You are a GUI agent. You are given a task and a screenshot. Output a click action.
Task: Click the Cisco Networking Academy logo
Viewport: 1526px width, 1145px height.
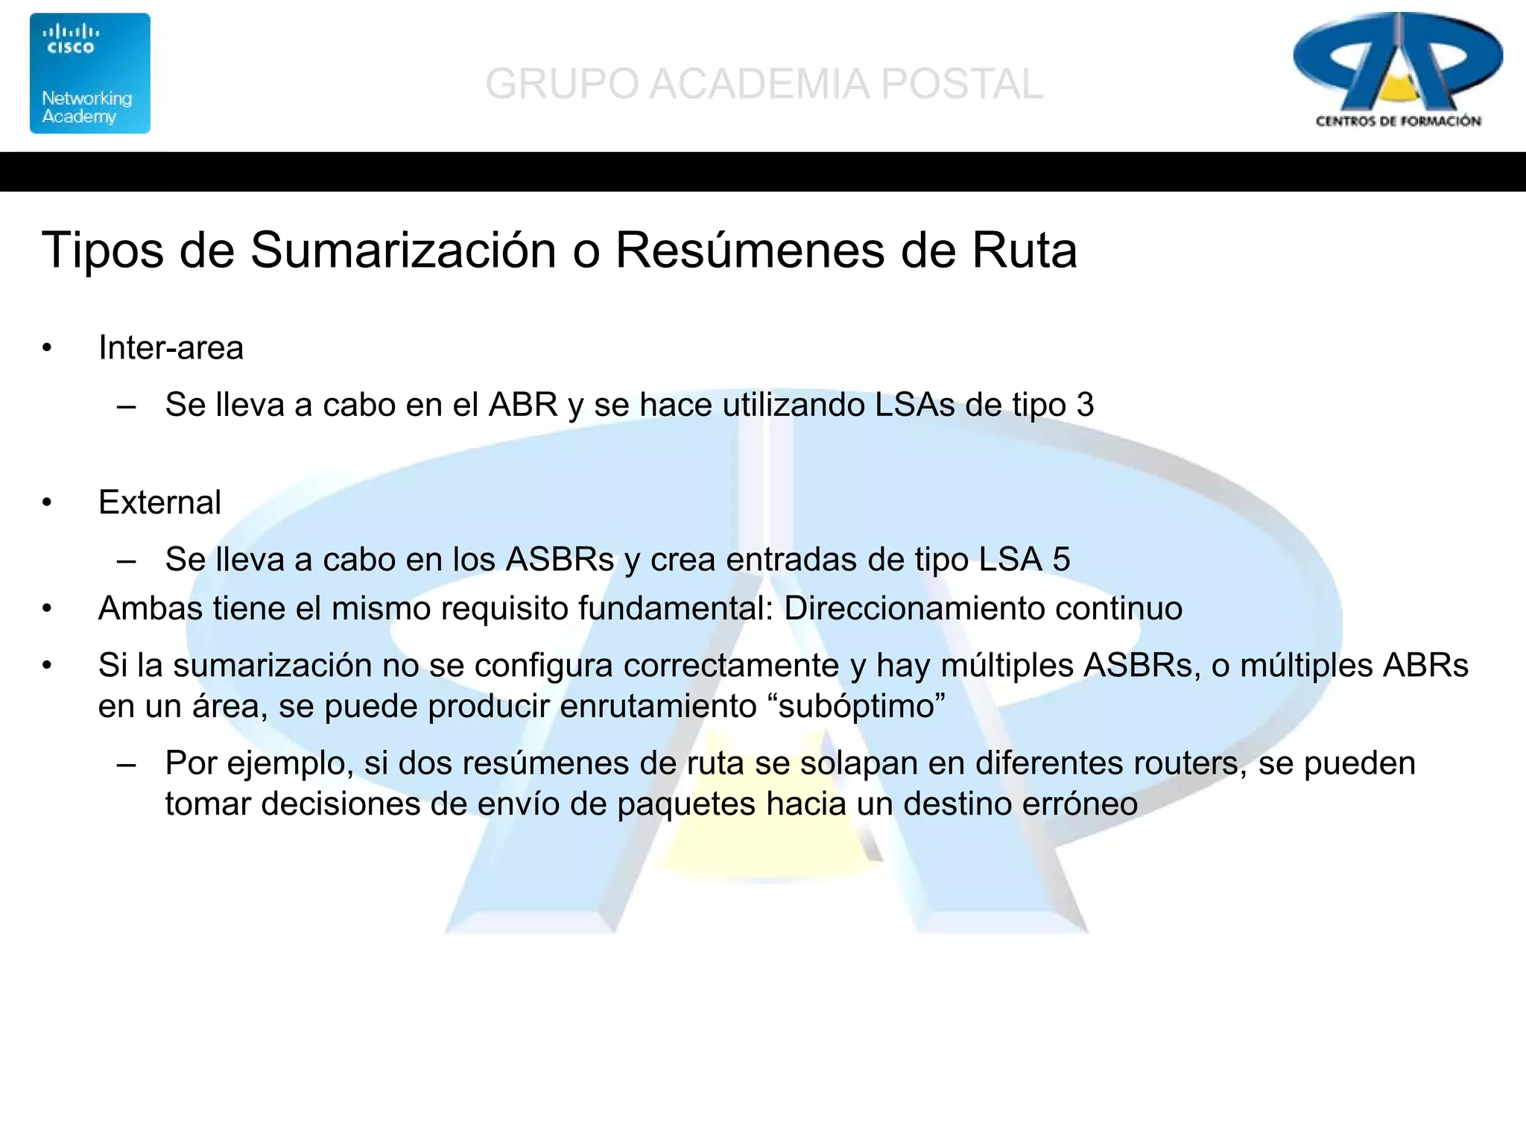[x=89, y=73]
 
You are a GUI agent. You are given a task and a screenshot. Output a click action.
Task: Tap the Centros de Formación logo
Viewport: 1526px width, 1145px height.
[x=1398, y=72]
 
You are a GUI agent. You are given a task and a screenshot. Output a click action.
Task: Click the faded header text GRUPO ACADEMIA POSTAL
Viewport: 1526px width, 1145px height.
[x=764, y=83]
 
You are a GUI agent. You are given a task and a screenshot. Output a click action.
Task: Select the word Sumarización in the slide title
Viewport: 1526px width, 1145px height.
[x=403, y=250]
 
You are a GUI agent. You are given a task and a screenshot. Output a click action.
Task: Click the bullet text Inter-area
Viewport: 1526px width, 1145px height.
[x=171, y=348]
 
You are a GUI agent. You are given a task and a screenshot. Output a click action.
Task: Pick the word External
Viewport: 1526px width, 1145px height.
[x=159, y=502]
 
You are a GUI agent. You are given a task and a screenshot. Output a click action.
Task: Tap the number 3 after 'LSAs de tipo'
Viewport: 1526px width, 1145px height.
[x=1085, y=405]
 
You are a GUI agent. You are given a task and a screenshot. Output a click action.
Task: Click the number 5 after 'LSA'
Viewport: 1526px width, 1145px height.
[x=1061, y=559]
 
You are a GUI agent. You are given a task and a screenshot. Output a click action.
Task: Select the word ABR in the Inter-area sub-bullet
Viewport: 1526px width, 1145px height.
[x=523, y=405]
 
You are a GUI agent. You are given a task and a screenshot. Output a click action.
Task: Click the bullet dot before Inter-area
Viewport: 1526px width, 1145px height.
[x=47, y=348]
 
